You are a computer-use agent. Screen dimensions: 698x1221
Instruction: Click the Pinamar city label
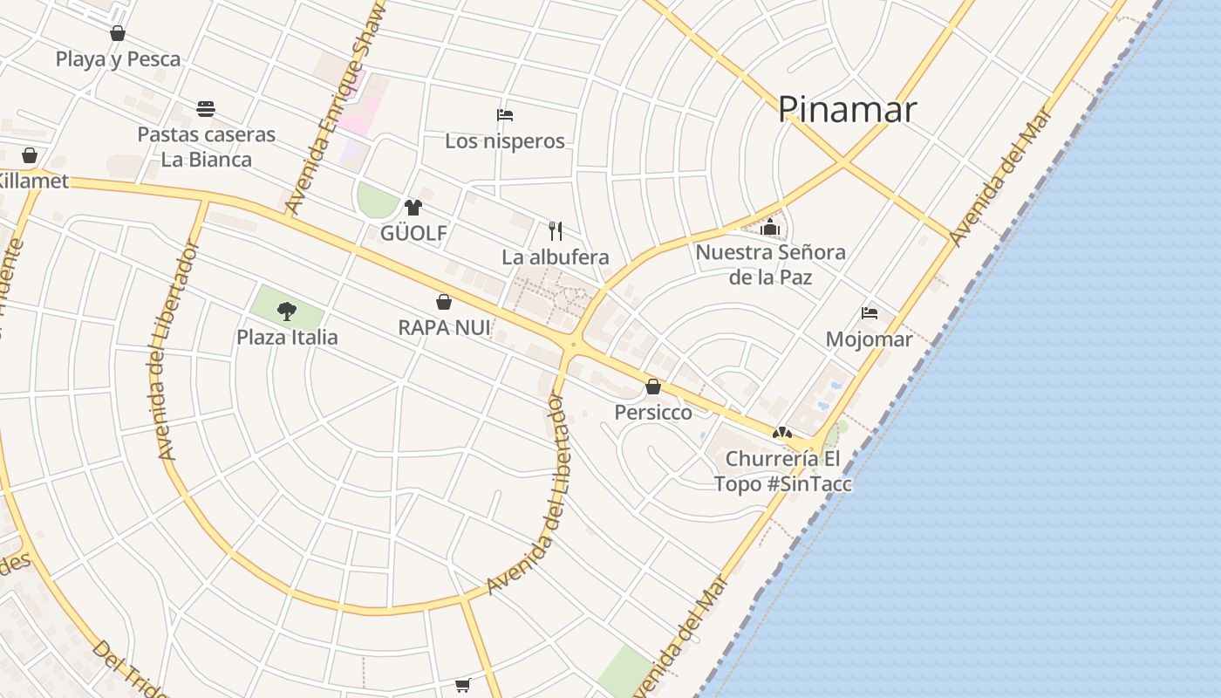(847, 110)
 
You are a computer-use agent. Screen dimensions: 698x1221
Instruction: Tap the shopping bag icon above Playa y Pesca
(118, 33)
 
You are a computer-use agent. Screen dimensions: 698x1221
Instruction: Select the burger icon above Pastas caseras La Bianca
(206, 109)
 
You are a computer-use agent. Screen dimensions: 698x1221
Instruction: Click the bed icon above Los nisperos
(504, 115)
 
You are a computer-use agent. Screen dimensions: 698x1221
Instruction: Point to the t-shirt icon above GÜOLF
(413, 208)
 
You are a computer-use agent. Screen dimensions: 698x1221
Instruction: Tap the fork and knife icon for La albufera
(556, 231)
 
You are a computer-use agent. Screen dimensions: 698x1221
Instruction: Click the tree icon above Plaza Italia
(286, 311)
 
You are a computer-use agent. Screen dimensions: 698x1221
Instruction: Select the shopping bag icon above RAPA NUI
(444, 303)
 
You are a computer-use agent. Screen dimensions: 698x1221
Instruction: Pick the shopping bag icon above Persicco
(653, 387)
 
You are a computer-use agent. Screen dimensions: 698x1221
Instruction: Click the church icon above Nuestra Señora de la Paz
(769, 227)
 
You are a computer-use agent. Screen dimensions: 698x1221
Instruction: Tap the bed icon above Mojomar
(869, 313)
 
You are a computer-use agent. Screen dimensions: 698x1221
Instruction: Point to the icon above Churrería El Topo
(782, 433)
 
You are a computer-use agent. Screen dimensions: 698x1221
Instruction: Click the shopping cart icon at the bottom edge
(463, 686)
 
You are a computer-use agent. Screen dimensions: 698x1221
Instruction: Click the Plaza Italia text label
(287, 337)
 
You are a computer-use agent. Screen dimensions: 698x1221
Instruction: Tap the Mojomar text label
(869, 339)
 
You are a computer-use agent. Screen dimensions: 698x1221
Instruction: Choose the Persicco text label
(653, 412)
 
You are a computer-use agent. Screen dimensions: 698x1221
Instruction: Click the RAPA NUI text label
(444, 328)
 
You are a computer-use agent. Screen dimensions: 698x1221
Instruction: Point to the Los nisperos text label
(504, 141)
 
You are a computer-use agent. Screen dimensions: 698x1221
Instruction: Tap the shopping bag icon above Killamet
(30, 155)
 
